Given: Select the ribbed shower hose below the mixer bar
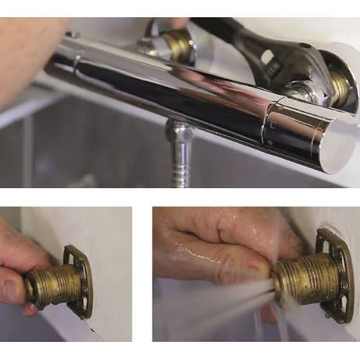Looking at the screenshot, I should (x=179, y=168).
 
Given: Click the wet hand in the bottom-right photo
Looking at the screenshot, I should (x=211, y=250).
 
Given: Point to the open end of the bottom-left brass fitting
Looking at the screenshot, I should (x=31, y=290).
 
